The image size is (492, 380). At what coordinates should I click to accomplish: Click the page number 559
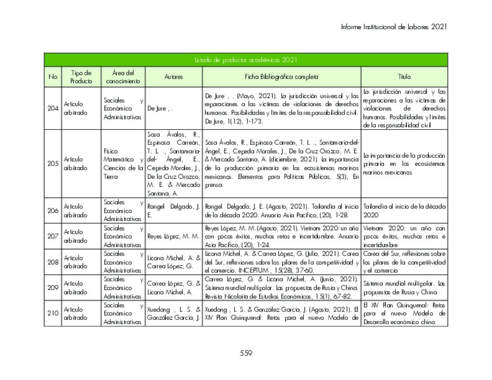(x=246, y=353)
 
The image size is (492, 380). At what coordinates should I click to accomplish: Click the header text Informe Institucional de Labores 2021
(x=394, y=27)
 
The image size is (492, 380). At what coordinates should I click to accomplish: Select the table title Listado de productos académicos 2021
(x=246, y=60)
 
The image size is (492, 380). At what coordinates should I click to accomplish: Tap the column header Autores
(x=173, y=77)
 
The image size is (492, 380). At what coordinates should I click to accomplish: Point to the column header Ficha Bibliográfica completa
(x=281, y=77)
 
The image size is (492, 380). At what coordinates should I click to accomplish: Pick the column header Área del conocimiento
(x=123, y=77)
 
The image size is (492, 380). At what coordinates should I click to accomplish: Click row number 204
(x=53, y=108)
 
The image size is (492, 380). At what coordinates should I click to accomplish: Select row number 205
(x=53, y=163)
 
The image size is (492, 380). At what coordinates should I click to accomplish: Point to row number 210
(x=53, y=313)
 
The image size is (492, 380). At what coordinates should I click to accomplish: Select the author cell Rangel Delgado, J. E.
(x=173, y=210)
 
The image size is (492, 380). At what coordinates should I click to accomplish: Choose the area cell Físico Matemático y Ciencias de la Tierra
(x=123, y=163)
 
